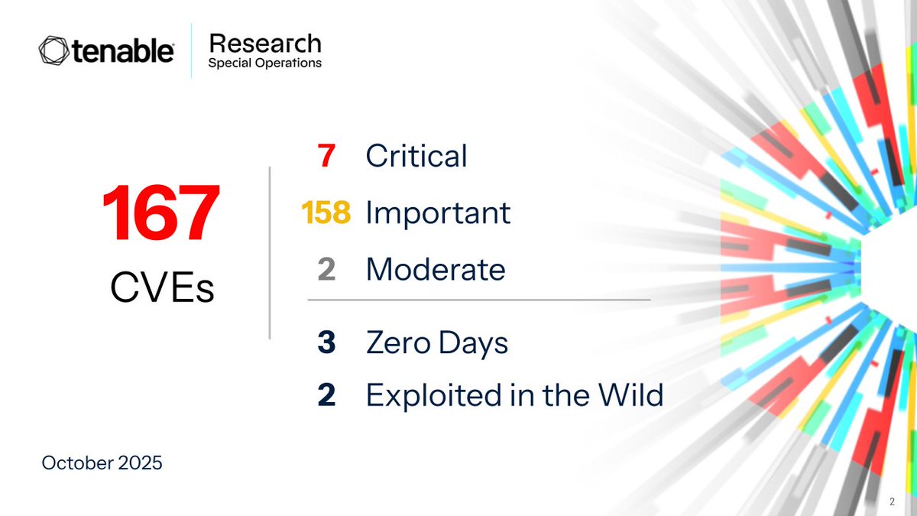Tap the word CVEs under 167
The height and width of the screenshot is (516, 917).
pos(161,287)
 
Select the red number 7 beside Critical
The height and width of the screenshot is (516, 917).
pos(326,156)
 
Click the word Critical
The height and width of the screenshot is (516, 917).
pos(416,156)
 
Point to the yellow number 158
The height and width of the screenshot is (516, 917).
pos(326,213)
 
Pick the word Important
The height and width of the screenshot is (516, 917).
pos(438,213)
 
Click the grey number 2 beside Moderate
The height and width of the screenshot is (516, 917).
pos(326,269)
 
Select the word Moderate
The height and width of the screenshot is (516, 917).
pos(436,269)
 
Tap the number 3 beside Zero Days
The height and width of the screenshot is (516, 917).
pos(326,343)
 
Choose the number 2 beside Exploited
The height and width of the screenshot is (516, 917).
pos(326,394)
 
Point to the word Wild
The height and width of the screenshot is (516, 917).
pos(631,394)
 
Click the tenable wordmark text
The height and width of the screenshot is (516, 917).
pos(123,51)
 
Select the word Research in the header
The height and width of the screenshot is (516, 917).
pos(264,44)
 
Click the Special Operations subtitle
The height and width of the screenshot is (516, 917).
pos(264,63)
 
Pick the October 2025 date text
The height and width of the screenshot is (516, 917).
pos(102,462)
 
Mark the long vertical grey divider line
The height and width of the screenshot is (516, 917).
pos(270,252)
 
